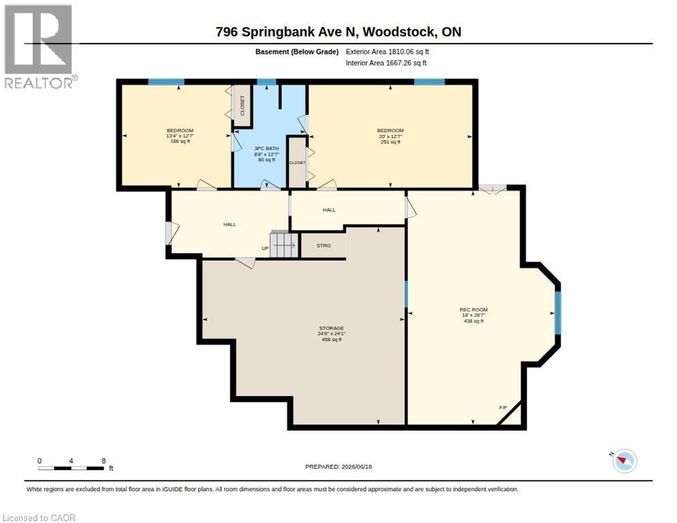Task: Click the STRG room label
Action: (324, 245)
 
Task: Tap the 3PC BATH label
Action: (266, 148)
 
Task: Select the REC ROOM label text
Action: (473, 309)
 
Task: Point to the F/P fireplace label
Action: (503, 407)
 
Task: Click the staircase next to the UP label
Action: (284, 245)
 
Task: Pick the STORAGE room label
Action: (332, 328)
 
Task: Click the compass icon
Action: (624, 460)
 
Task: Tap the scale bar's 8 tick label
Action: (104, 461)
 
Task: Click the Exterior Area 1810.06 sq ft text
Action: (387, 52)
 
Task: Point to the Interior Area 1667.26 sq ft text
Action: (386, 63)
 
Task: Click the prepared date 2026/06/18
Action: (357, 466)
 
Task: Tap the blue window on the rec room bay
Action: (557, 313)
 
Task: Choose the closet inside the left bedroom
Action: (242, 105)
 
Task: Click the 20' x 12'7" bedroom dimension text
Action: (390, 136)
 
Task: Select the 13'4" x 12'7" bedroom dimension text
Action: (180, 136)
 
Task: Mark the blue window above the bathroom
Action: (266, 82)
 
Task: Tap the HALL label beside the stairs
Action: (230, 224)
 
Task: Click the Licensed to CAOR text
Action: (39, 518)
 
